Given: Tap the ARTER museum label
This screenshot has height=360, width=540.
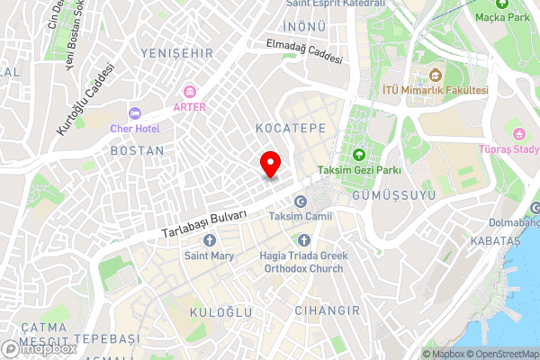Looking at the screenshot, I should [190, 107].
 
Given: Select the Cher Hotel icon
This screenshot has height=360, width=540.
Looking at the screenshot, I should [135, 112].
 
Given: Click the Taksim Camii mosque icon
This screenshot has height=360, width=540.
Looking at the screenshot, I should [301, 202].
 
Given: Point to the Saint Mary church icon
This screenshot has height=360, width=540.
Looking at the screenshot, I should [210, 240].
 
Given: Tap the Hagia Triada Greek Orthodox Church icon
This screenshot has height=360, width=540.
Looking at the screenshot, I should [303, 240].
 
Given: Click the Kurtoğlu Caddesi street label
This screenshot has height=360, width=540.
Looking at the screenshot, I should [87, 99].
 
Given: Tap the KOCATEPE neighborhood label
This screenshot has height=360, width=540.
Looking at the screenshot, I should [290, 129].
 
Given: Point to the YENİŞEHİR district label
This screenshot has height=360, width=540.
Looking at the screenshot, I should [176, 53].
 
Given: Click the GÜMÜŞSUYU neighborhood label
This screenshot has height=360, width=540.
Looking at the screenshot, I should [394, 195].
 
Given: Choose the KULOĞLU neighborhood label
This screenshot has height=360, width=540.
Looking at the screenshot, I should [220, 310].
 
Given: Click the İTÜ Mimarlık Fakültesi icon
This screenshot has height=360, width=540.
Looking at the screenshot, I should [436, 74].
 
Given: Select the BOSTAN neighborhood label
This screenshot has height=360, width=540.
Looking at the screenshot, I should [137, 150].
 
